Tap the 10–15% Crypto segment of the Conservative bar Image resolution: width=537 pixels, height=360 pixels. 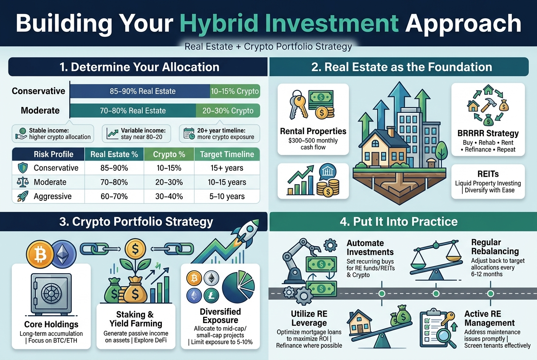(235, 91)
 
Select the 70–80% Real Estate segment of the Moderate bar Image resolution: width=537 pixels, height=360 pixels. (133, 111)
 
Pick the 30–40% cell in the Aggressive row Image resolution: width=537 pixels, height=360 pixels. (169, 197)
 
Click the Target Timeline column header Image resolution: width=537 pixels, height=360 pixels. (227, 155)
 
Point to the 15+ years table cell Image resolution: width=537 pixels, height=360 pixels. (227, 168)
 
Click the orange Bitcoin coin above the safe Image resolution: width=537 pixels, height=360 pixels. (39, 254)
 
